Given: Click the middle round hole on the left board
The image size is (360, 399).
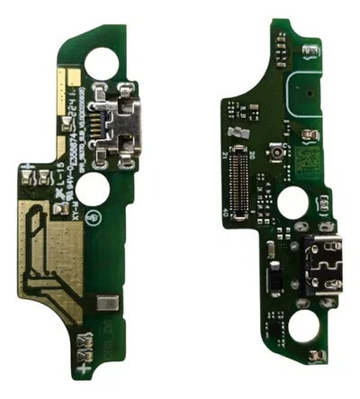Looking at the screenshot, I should (92, 188).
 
